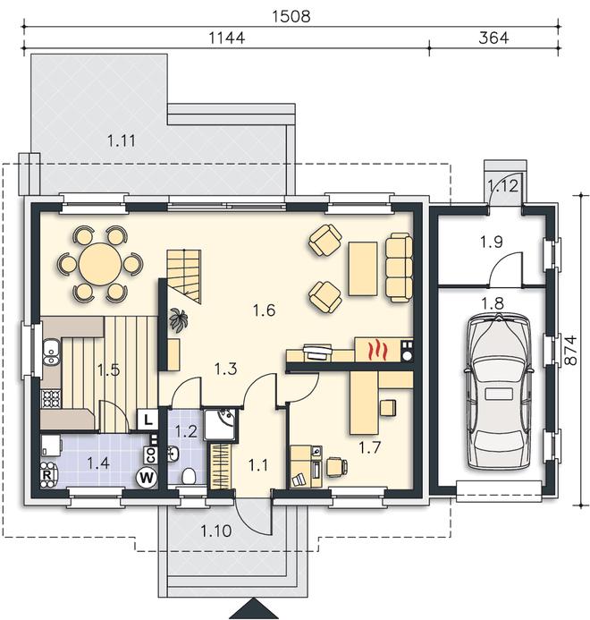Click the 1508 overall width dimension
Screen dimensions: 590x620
pos(291,16)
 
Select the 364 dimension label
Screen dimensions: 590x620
pos(493,38)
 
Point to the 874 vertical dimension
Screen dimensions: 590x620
pos(570,351)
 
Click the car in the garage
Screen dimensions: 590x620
pos(499,392)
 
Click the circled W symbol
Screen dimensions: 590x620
pos(147,478)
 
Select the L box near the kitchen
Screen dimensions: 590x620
pos(147,419)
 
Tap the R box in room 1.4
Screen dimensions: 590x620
pos(46,474)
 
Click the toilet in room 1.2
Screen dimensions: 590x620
pos(189,476)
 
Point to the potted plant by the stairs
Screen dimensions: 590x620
pos(177,320)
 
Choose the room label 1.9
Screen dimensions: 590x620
pos(491,242)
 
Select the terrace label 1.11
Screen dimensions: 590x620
pos(122,140)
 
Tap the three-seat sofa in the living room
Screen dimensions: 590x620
pos(399,268)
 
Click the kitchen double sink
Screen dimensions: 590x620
pos(51,352)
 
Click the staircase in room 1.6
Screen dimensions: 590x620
pos(184,276)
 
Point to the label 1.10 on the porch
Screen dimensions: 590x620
pos(215,531)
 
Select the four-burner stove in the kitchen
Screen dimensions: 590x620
pos(51,399)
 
